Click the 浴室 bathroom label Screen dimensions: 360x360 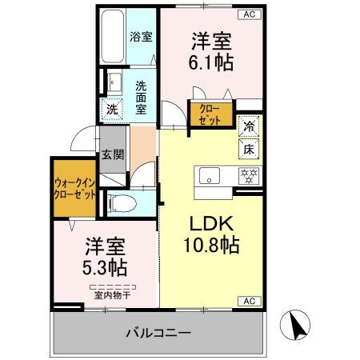click(x=142, y=36)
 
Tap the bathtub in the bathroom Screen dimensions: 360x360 click(x=114, y=37)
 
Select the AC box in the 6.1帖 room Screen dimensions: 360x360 click(x=249, y=14)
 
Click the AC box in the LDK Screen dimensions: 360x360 click(x=249, y=301)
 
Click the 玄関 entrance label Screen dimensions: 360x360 click(x=112, y=155)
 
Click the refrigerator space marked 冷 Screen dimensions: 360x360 click(x=250, y=126)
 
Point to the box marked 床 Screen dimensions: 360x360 click(x=250, y=146)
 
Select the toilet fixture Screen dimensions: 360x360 click(x=120, y=203)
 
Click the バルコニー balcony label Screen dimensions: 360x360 click(x=158, y=331)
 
